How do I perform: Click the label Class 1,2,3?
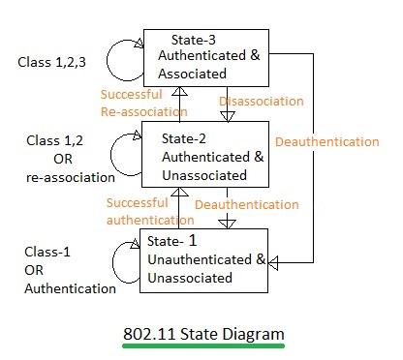coord(50,62)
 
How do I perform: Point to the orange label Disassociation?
coord(261,101)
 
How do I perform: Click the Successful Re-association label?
coord(136,102)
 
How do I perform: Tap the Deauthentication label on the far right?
coord(326,142)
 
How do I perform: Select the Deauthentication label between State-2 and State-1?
coord(247,205)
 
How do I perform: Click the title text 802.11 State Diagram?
coord(202,334)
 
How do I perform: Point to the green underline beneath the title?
coord(202,345)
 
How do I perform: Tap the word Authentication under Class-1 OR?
coord(70,287)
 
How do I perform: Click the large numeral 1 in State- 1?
coord(219,240)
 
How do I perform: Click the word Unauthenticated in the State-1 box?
coord(199,259)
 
